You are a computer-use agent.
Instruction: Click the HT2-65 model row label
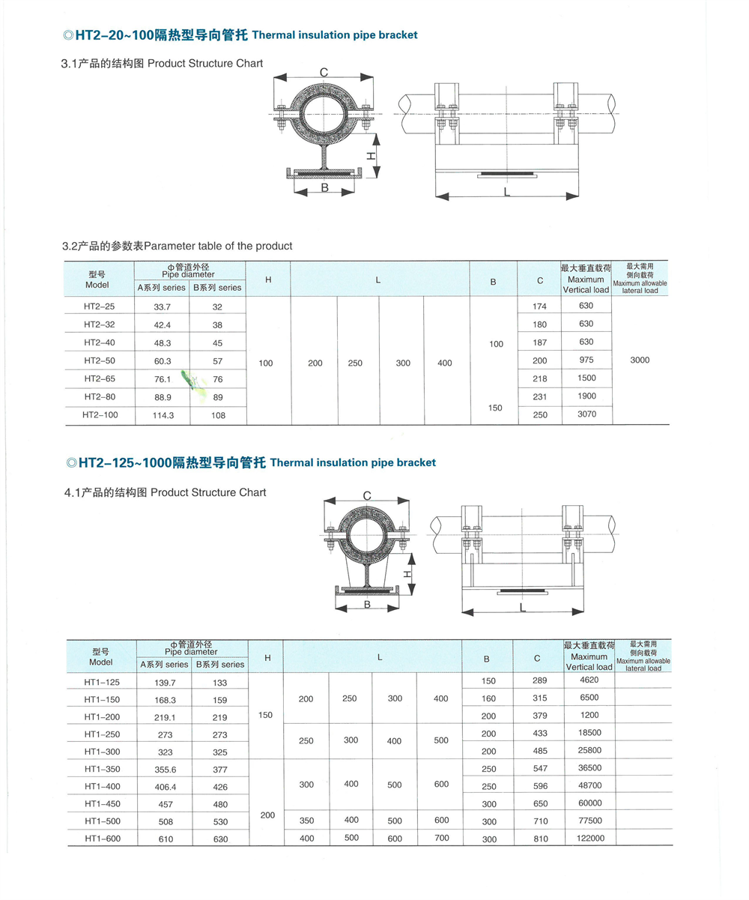[x=100, y=378]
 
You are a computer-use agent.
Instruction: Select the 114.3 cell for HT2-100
[x=163, y=414]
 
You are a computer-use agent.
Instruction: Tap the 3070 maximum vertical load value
[x=586, y=414]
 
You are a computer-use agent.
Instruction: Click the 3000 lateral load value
[x=640, y=360]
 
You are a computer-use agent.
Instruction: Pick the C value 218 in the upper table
[x=540, y=378]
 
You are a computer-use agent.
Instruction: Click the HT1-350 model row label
[x=102, y=768]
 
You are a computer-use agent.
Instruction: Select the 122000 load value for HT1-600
[x=589, y=838]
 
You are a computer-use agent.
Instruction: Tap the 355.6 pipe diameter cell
[x=164, y=768]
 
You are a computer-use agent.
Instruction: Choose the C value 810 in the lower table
[x=537, y=839]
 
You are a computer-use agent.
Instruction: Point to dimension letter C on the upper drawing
[x=324, y=73]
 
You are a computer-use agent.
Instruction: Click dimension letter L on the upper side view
[x=507, y=193]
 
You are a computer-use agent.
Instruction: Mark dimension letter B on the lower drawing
[x=367, y=604]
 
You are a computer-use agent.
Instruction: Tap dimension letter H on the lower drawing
[x=407, y=574]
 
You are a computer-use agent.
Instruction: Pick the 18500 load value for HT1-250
[x=589, y=734]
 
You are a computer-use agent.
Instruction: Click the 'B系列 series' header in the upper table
[x=217, y=287]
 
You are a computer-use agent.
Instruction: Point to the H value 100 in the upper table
[x=265, y=363]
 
